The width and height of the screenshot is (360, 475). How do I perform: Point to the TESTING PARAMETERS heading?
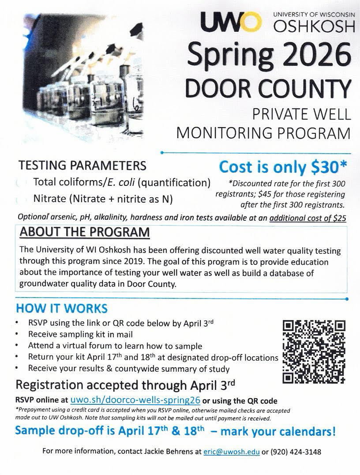pyautogui.click(x=82, y=166)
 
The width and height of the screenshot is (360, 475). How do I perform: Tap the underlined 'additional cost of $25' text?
pyautogui.click(x=308, y=218)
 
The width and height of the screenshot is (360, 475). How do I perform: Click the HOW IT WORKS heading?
pyautogui.click(x=61, y=308)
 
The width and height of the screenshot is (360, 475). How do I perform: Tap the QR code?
pyautogui.click(x=314, y=351)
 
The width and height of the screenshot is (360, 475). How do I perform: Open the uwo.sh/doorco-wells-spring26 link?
pyautogui.click(x=135, y=401)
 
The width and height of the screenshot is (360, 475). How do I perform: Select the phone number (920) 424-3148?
pyautogui.click(x=294, y=452)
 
